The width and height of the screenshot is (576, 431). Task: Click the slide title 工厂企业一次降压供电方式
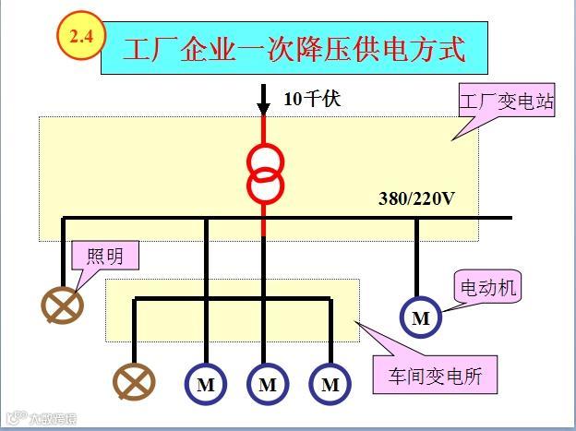294,49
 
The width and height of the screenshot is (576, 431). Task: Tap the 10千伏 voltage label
311,98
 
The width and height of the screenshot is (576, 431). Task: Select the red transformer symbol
265,174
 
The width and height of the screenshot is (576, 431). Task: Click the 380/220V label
417,198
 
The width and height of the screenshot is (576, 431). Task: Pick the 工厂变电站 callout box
507,102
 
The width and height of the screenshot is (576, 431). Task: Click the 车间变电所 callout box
440,377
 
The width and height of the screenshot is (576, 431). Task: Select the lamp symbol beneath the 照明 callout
63,305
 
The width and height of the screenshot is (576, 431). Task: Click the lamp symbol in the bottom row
134,381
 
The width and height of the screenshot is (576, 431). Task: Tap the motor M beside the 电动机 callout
421,318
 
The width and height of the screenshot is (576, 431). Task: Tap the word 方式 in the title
447,49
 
